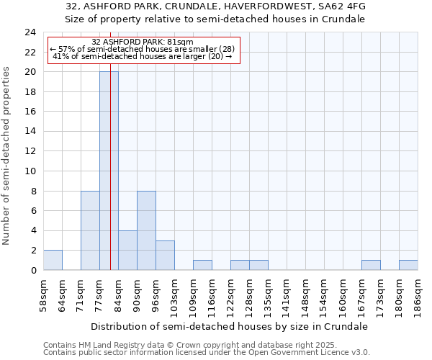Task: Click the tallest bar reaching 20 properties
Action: point(109,171)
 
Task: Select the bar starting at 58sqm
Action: point(53,260)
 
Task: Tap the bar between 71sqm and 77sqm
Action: point(90,230)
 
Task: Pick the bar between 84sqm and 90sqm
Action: point(127,250)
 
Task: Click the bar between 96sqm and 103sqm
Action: point(165,255)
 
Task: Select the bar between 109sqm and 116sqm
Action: point(202,265)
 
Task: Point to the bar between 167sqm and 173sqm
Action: point(371,265)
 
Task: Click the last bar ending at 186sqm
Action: point(408,265)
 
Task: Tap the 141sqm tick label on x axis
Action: point(287,294)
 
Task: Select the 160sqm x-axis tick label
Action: point(343,294)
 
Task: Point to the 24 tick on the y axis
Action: point(30,32)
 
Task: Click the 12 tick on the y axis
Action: point(30,151)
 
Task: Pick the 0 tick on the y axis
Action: point(33,270)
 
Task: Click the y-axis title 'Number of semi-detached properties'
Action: point(6,156)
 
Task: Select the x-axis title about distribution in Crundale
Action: point(230,326)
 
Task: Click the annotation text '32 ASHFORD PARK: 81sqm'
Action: point(143,42)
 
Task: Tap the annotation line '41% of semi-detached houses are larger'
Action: point(143,56)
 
